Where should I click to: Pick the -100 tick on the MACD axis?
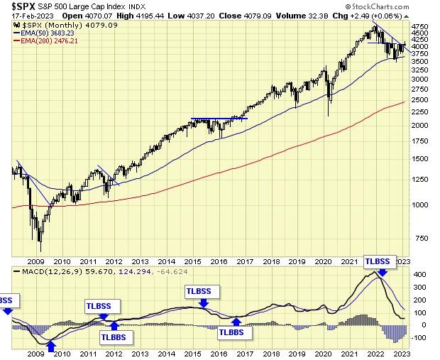coord(419,338)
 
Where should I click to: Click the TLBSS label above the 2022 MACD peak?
coord(378,261)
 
